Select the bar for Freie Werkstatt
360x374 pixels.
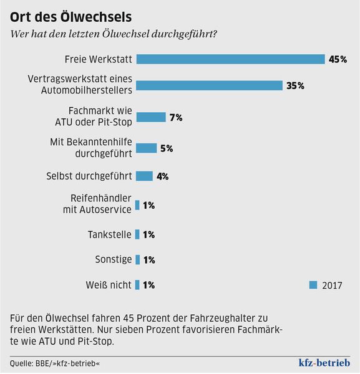point(230,59)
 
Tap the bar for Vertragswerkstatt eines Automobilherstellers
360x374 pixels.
point(209,85)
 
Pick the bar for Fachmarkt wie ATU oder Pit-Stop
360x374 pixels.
point(150,117)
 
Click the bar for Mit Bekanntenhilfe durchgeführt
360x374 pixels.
point(146,148)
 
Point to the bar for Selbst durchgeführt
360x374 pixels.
point(144,176)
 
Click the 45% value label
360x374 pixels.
point(338,59)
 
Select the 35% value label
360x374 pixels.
point(295,86)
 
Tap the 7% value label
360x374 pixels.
point(175,117)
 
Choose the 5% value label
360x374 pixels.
point(166,148)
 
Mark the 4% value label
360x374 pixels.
point(162,176)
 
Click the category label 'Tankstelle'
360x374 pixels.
point(110,235)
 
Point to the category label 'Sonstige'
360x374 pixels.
point(114,260)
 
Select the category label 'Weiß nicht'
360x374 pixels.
point(109,285)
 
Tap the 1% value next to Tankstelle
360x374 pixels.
point(148,235)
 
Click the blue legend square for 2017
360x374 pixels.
point(314,285)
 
